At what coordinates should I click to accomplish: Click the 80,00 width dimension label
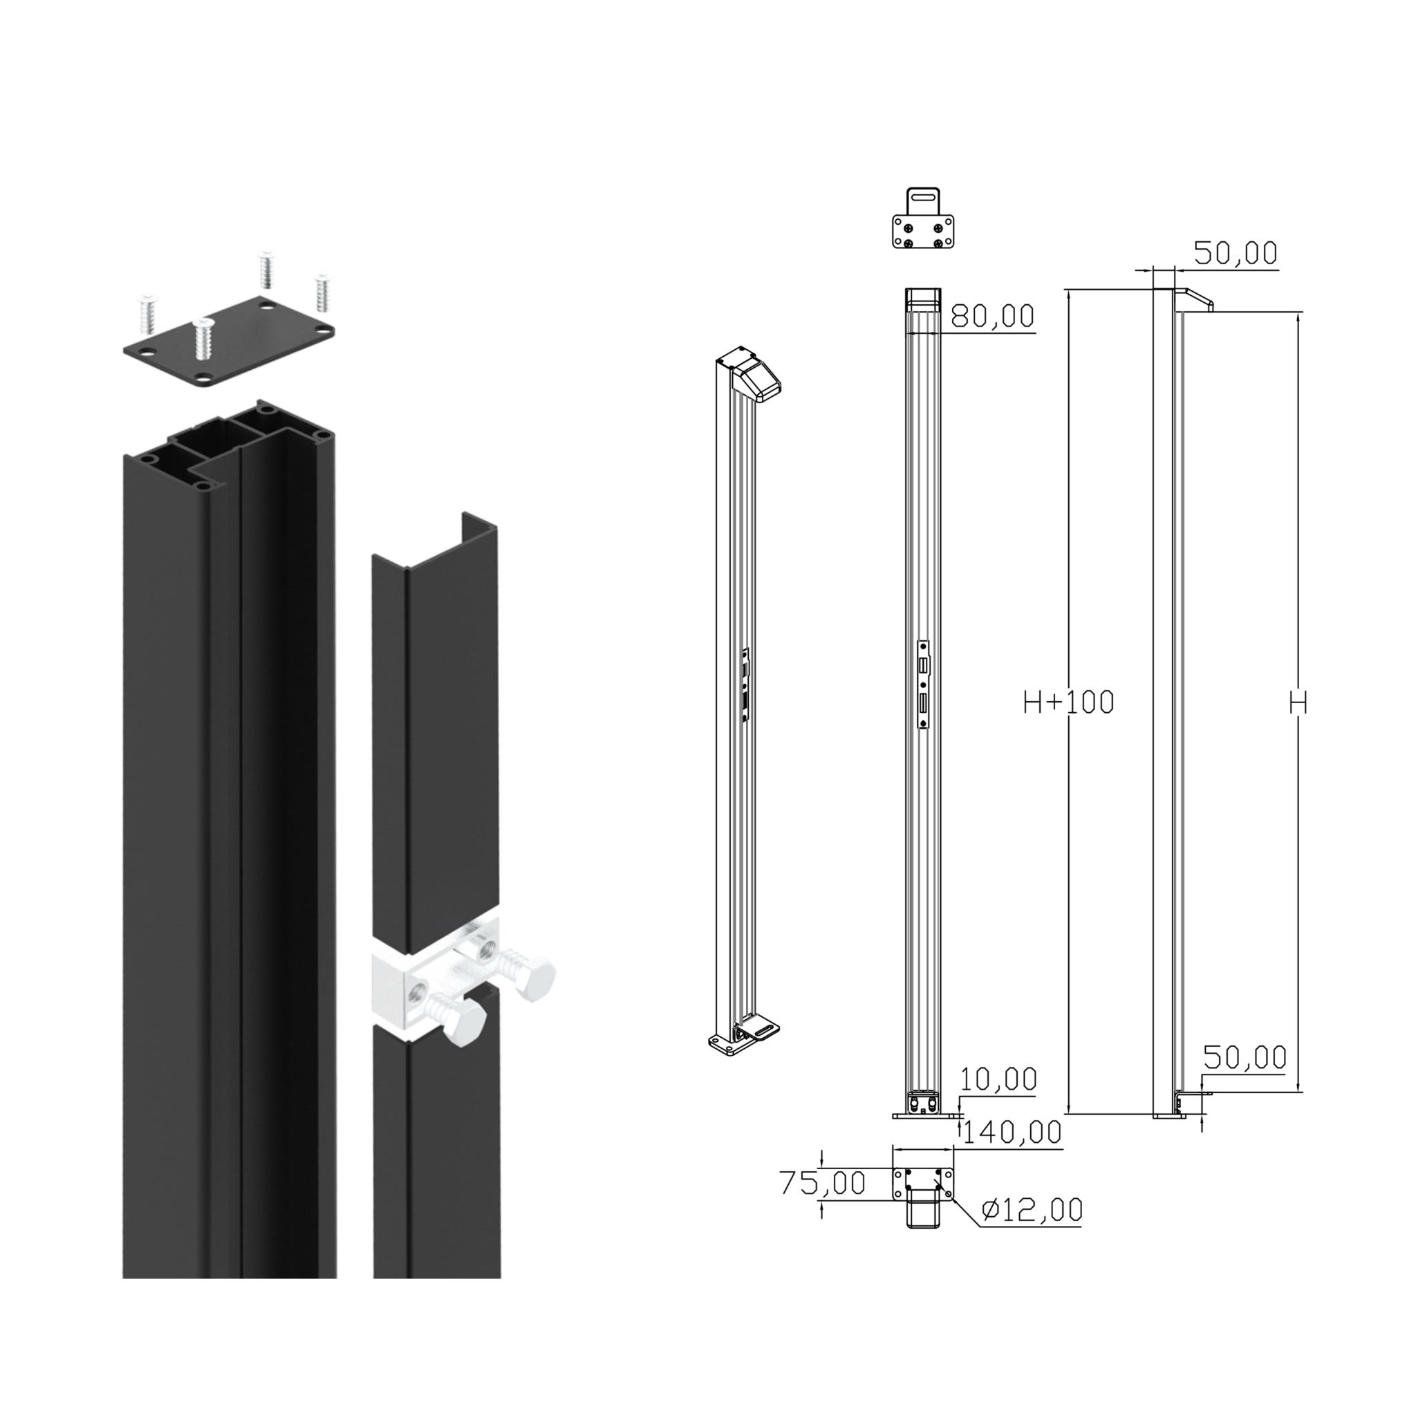pyautogui.click(x=991, y=317)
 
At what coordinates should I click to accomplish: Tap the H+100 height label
pyautogui.click(x=1068, y=702)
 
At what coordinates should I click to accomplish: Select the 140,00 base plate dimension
pyautogui.click(x=1012, y=1133)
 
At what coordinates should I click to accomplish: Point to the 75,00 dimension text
pyautogui.click(x=821, y=1182)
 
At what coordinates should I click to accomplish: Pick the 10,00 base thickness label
pyautogui.click(x=998, y=1079)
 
